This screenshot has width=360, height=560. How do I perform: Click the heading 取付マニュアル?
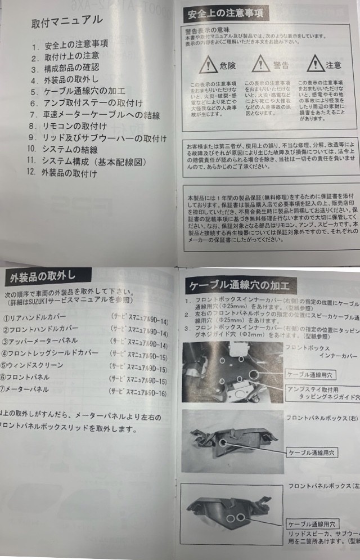[67, 21]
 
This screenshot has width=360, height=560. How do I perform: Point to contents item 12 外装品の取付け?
[68, 173]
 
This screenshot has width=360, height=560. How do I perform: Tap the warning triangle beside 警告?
[263, 65]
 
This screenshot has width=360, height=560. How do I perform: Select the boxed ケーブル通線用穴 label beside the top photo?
[311, 373]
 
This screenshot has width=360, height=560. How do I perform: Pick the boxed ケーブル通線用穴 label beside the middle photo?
[312, 451]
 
